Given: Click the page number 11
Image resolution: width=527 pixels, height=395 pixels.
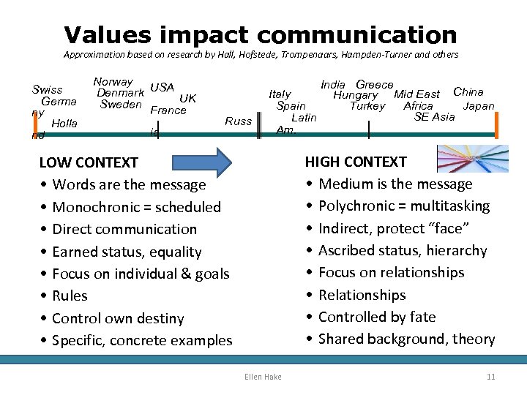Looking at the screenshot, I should point(490,376).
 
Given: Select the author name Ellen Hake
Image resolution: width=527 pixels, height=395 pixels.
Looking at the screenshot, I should point(263,376).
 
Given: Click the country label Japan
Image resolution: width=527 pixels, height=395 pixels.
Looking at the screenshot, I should point(479,105).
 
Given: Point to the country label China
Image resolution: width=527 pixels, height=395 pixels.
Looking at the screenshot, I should point(468,92).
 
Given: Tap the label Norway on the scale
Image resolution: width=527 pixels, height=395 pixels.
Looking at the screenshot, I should point(113,82).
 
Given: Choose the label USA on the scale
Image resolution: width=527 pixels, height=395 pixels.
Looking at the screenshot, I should point(162,88).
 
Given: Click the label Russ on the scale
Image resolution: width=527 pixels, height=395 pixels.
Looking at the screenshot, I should point(238,121).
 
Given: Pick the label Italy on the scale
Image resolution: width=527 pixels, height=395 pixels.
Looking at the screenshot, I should point(280,94).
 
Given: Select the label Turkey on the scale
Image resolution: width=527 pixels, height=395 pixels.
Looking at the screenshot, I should point(367,105).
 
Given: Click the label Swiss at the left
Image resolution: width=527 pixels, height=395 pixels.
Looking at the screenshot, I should point(48,90).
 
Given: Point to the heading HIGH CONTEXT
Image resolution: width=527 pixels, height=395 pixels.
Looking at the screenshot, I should point(356,162).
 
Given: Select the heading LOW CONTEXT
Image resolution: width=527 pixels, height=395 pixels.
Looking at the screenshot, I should point(89,162).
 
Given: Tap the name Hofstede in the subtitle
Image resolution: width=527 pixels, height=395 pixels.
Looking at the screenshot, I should point(270,54).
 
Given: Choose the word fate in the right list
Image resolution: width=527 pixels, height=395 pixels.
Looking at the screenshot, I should point(422,317).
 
